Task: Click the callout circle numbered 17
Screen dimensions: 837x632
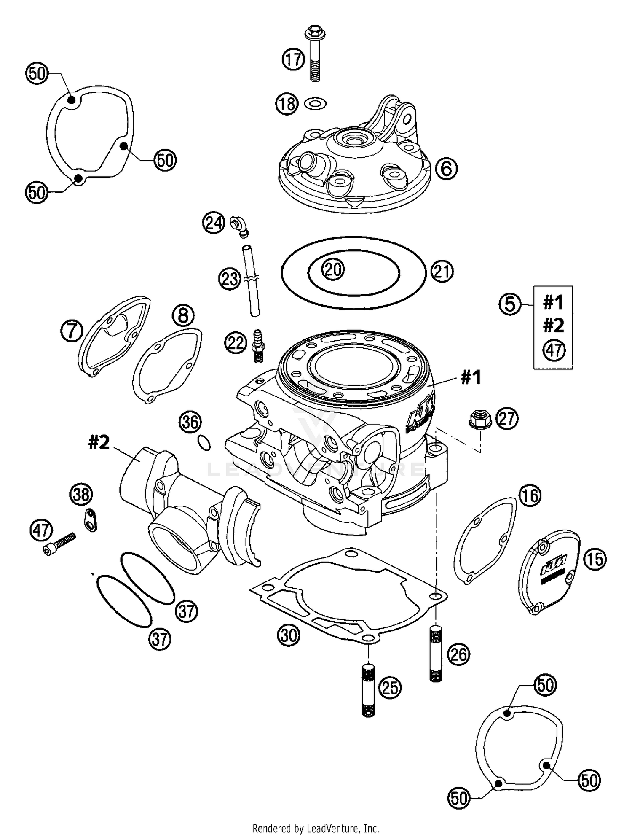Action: [293, 59]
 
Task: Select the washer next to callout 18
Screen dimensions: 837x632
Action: [316, 103]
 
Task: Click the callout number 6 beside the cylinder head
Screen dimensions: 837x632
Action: [446, 169]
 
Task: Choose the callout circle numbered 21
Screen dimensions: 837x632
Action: [442, 272]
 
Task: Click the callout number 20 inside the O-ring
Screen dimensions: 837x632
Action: [333, 269]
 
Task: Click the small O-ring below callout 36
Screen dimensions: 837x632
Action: [204, 443]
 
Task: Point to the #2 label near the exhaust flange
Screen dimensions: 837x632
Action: [99, 442]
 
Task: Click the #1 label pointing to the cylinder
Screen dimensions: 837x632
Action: [471, 377]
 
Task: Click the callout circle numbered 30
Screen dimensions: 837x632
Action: [289, 635]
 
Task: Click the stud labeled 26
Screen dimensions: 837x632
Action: [436, 653]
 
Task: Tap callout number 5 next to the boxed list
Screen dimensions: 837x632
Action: [510, 304]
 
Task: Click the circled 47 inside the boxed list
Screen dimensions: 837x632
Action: [554, 350]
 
